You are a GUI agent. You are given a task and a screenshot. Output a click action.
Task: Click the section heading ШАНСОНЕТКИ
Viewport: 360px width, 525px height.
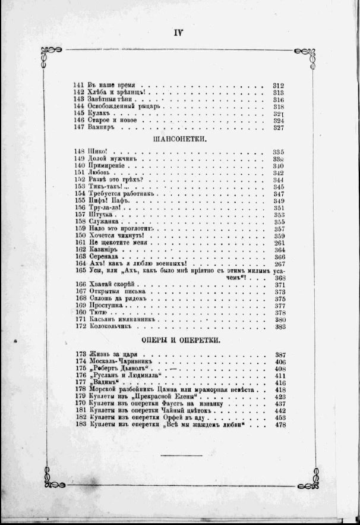tap(180, 139)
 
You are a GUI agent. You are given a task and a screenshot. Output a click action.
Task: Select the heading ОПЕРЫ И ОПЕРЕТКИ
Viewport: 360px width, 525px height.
tap(181, 340)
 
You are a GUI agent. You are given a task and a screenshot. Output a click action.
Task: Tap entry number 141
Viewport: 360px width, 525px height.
tap(79, 85)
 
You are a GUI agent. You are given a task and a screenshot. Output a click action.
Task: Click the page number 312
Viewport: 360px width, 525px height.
tap(278, 85)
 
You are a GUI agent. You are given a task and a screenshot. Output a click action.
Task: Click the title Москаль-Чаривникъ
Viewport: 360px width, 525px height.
tap(124, 361)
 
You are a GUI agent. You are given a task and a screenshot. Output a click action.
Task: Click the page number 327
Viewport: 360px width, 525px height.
tap(278, 127)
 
